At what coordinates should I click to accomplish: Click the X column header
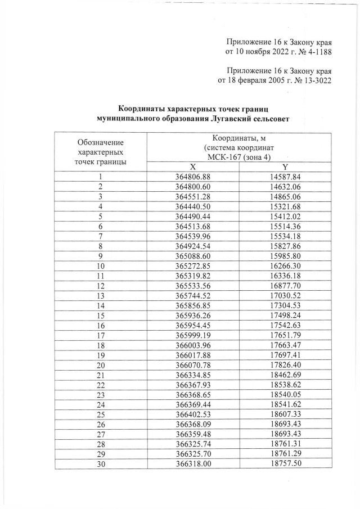[192, 167]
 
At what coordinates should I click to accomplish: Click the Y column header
[285, 167]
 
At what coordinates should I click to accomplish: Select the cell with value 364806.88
[192, 177]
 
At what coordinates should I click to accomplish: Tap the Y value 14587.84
[285, 177]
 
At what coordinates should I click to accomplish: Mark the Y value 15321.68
[285, 206]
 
